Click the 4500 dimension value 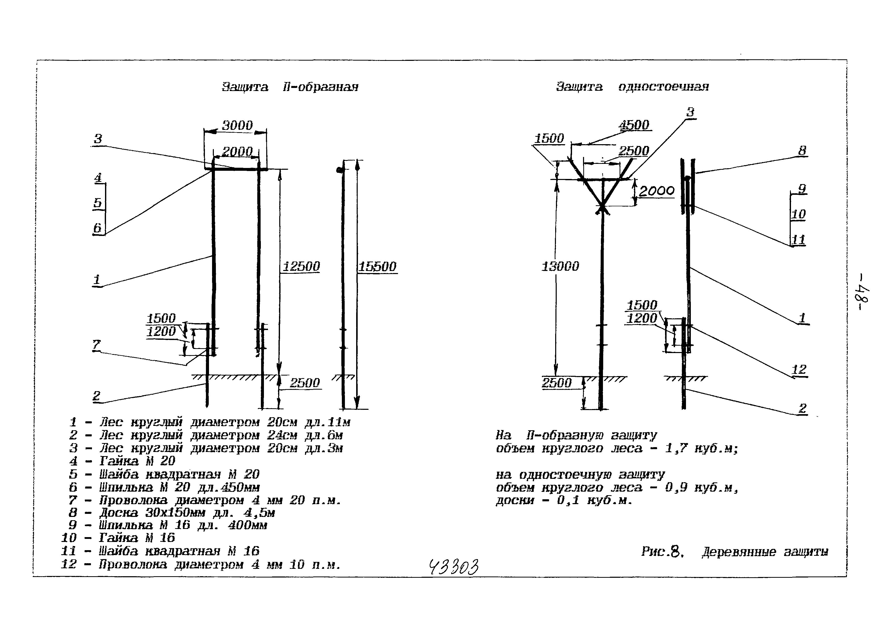(634, 125)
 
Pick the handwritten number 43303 (453, 567)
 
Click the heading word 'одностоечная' (664, 87)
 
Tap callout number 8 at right (802, 150)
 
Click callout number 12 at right (799, 369)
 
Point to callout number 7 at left (96, 345)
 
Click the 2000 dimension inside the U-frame (237, 152)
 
